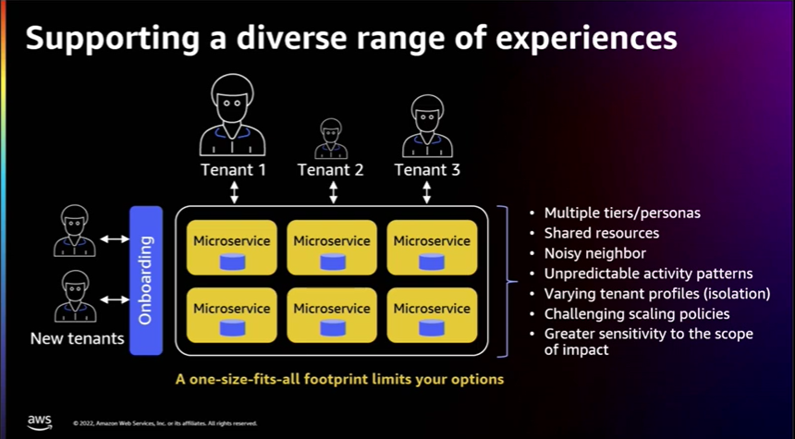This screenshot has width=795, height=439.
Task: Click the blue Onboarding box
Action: [x=145, y=280]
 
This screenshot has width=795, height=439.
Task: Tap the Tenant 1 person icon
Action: [x=233, y=115]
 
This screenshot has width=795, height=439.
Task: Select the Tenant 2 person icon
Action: [x=330, y=139]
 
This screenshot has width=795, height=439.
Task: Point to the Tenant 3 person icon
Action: [x=426, y=126]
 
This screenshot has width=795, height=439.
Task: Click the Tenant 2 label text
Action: [x=330, y=170]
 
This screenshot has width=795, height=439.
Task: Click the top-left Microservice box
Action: [x=232, y=248]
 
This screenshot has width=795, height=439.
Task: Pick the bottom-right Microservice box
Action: [x=432, y=315]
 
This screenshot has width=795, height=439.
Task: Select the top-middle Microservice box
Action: [x=332, y=248]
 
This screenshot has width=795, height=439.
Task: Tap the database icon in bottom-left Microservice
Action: [x=232, y=328]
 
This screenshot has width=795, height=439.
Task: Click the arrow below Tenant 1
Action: [x=234, y=192]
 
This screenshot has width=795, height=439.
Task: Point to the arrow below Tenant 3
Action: [x=427, y=192]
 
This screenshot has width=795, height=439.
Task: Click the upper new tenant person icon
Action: [x=75, y=230]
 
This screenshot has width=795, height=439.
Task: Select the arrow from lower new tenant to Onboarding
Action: [x=115, y=299]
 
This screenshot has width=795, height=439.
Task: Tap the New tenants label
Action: [x=77, y=338]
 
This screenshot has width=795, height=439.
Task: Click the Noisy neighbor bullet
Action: [x=594, y=253]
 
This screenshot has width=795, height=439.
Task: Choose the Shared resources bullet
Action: [x=601, y=233]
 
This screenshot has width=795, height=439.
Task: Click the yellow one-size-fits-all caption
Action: [x=340, y=379]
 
